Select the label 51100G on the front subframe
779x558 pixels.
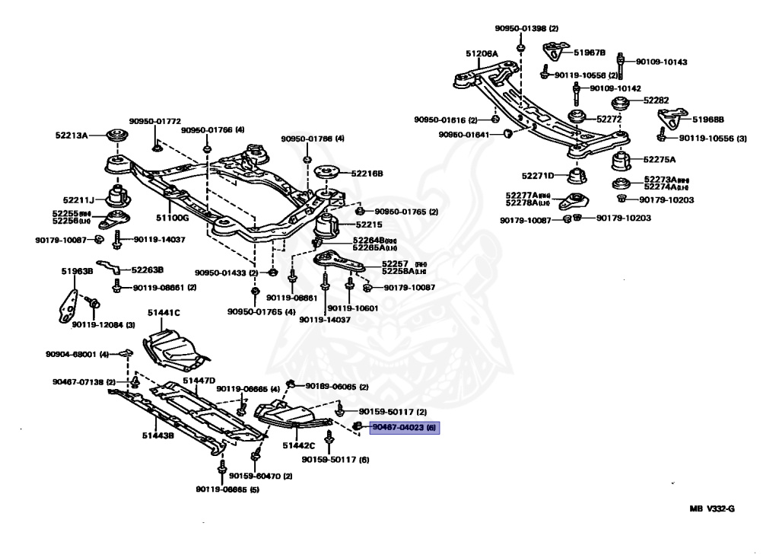point(173,217)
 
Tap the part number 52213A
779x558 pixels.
point(71,135)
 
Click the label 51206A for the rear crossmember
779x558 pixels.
point(482,54)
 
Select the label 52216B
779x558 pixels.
point(367,174)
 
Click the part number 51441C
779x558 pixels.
point(164,312)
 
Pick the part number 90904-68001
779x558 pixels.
point(71,354)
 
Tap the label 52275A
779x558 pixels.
point(659,160)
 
